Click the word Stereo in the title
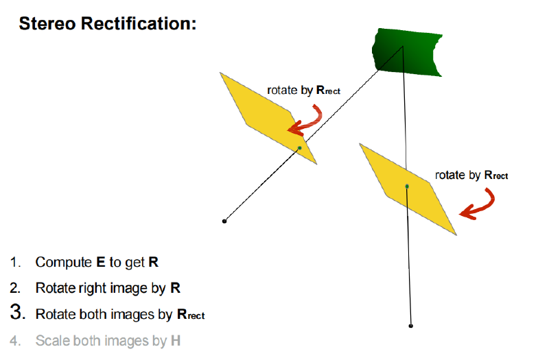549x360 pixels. (x=47, y=24)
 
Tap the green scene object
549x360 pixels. (x=407, y=53)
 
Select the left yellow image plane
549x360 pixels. (x=268, y=118)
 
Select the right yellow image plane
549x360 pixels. (x=408, y=189)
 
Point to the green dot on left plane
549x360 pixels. (x=300, y=148)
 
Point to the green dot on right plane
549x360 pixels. (x=407, y=187)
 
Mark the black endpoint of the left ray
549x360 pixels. (x=224, y=221)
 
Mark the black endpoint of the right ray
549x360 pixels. (x=411, y=326)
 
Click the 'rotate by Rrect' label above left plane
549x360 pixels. (x=303, y=91)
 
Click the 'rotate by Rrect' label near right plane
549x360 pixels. (x=471, y=175)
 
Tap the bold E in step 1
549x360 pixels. (x=100, y=262)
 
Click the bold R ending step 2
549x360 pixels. (x=176, y=288)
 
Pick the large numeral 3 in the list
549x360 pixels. (x=18, y=311)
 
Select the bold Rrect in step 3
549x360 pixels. (x=191, y=314)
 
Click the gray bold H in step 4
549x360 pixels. (x=176, y=340)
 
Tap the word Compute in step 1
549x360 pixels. (x=63, y=263)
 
